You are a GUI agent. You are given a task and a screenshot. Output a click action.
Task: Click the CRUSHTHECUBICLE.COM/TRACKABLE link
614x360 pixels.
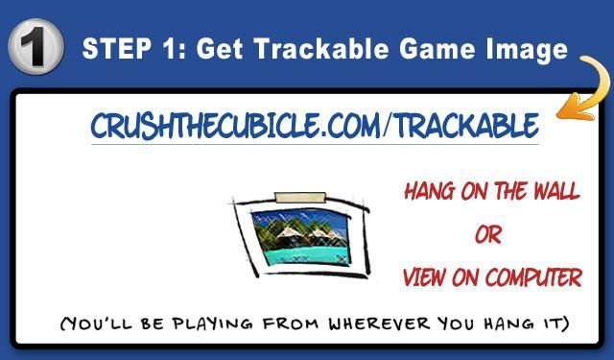click(x=314, y=126)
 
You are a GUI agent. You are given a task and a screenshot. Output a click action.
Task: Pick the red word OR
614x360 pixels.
click(x=487, y=235)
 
